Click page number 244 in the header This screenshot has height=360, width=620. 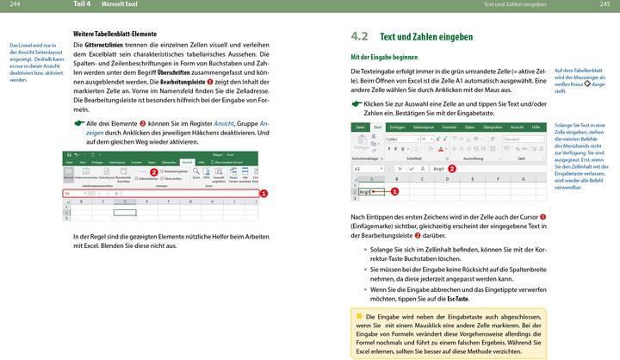click(x=14, y=5)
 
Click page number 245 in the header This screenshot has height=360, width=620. click(x=604, y=5)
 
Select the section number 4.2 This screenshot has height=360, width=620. click(x=359, y=37)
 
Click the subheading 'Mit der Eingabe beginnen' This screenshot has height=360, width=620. click(x=384, y=57)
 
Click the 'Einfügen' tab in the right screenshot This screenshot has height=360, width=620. click(x=397, y=127)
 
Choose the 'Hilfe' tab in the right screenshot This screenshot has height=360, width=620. click(x=535, y=127)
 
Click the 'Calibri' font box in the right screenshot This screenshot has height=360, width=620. click(x=402, y=138)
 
